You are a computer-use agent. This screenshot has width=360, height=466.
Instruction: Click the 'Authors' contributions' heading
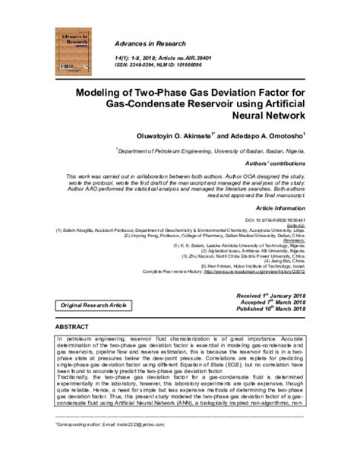pyautogui.click(x=272, y=163)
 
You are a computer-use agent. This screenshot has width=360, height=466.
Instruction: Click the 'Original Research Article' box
pyautogui.click(x=95, y=304)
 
